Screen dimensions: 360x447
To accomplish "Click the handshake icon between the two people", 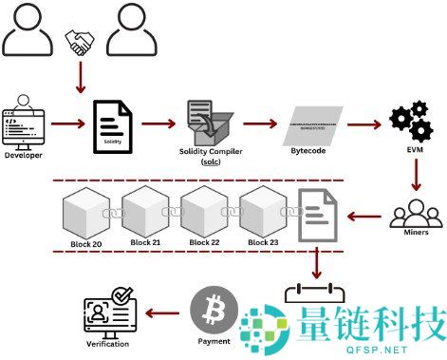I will coord(80,41).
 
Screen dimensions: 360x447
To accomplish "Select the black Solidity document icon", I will coord(110,124).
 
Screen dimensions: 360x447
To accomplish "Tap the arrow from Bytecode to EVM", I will coord(366,124).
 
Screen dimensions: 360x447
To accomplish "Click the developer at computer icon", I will coord(25,120).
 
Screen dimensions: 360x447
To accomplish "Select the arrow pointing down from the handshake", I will coord(80,76).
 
